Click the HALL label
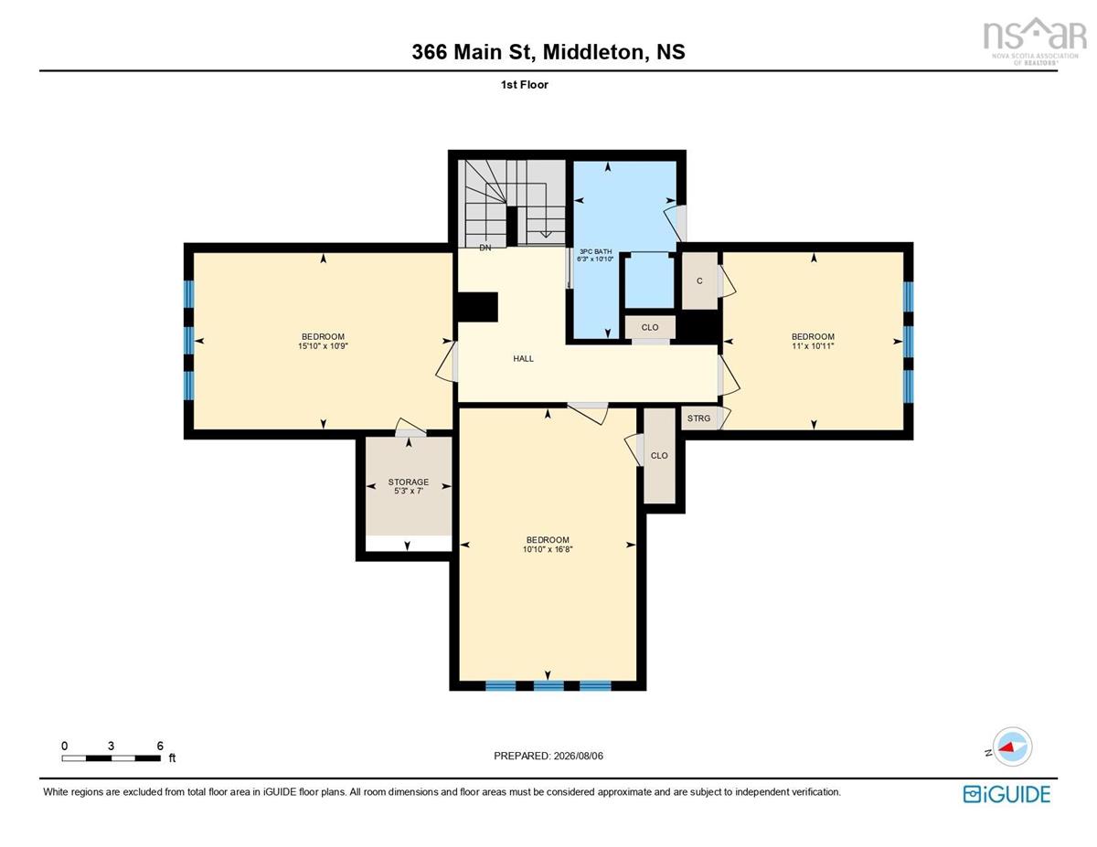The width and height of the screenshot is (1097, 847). pyautogui.click(x=523, y=359)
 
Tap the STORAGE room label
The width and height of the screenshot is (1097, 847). pyautogui.click(x=409, y=482)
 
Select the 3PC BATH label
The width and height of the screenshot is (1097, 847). pyautogui.click(x=595, y=251)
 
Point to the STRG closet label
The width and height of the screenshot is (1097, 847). pyautogui.click(x=698, y=418)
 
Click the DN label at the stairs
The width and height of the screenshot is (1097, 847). pyautogui.click(x=485, y=248)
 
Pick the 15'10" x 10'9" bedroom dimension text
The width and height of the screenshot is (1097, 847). pyautogui.click(x=323, y=346)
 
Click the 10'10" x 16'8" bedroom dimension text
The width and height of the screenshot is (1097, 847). pyautogui.click(x=548, y=549)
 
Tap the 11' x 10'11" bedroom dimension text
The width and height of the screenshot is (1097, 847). pyautogui.click(x=813, y=346)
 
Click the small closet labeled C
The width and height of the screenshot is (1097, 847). pyautogui.click(x=699, y=281)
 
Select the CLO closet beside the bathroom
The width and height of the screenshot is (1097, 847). pyautogui.click(x=650, y=327)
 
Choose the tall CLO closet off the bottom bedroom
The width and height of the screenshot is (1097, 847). pyautogui.click(x=659, y=456)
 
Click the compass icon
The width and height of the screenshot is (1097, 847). pyautogui.click(x=1012, y=746)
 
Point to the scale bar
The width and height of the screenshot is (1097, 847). pyautogui.click(x=111, y=758)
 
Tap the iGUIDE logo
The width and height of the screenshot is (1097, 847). pyautogui.click(x=1006, y=794)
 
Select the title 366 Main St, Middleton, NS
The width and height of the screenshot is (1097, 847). pyautogui.click(x=548, y=51)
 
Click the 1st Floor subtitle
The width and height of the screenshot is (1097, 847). pyautogui.click(x=524, y=85)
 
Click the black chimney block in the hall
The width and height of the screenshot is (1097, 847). pyautogui.click(x=477, y=307)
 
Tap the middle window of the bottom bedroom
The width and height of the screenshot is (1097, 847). pyautogui.click(x=548, y=685)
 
